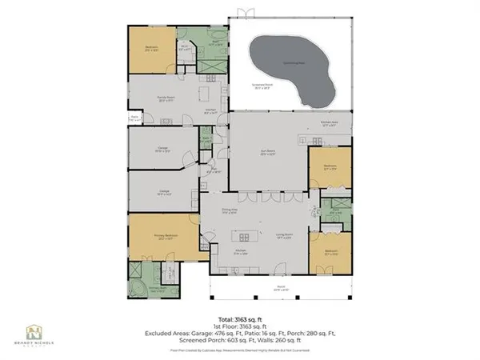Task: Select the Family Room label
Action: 166,99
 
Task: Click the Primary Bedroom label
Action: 165,236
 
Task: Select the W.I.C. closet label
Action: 184,47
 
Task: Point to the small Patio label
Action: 134,118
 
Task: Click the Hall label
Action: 214,170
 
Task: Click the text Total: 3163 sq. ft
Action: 240,318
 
